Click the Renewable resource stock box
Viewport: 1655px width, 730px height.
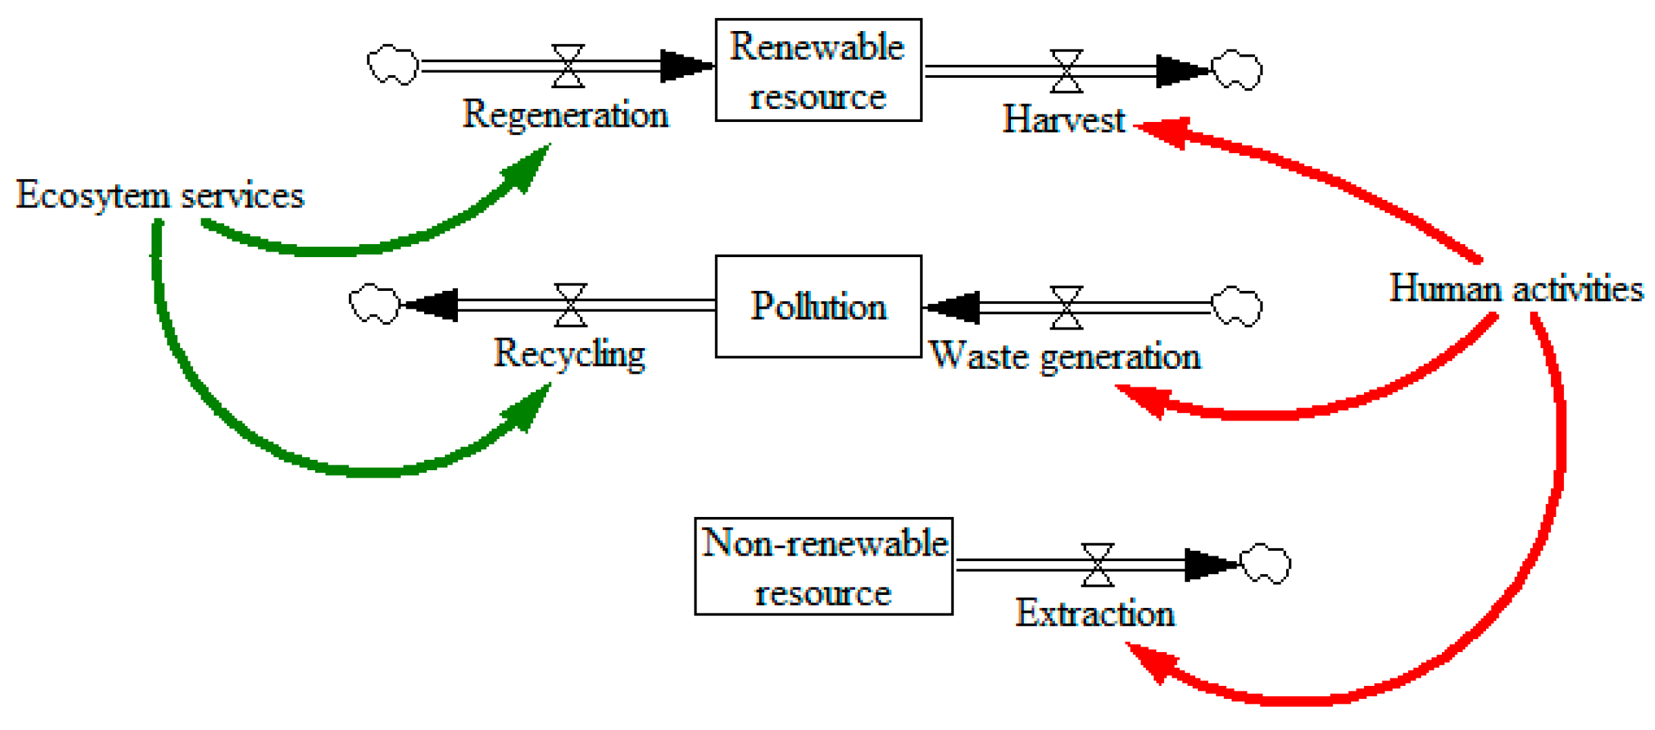coord(819,70)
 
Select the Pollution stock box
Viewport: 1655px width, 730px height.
coord(819,307)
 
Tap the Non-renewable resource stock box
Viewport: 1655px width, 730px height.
coord(824,567)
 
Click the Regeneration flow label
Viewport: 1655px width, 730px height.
coord(565,115)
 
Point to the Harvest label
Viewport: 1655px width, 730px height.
coord(1063,119)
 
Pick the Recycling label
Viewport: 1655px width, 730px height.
coord(570,354)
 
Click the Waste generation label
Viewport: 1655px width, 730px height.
coord(1065,357)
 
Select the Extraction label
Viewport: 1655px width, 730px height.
coord(1095,614)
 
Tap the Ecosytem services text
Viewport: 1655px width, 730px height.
coord(160,195)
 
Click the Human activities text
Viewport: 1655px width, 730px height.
coord(1516,288)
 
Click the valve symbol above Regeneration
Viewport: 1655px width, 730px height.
coord(568,66)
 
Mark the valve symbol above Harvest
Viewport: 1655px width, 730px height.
coord(1066,71)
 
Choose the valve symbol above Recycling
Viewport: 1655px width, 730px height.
coord(571,305)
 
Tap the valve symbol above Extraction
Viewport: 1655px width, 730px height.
coord(1097,565)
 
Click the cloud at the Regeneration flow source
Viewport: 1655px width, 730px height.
coord(392,65)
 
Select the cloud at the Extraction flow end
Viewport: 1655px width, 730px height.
coord(1265,565)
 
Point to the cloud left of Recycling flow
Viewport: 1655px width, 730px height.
coord(374,303)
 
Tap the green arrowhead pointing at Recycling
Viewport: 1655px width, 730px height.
coord(530,407)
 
